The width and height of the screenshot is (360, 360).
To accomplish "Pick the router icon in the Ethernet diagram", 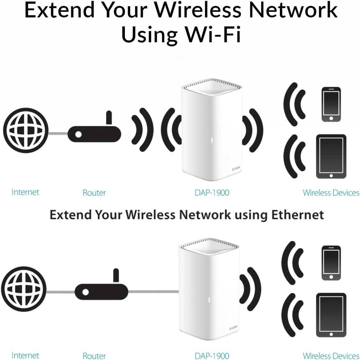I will tap(102, 291).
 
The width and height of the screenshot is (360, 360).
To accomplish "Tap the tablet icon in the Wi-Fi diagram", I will tap(331, 156).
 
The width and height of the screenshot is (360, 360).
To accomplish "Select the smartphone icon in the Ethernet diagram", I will tap(331, 263).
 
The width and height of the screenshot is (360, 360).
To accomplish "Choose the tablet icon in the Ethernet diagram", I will tap(331, 315).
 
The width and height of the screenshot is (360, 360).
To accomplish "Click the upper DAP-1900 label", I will tap(212, 193).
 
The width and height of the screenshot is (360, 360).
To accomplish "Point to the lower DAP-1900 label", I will tap(212, 356).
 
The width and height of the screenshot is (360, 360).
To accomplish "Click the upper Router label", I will tap(94, 193).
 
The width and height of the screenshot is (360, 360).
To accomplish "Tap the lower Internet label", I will tap(25, 355).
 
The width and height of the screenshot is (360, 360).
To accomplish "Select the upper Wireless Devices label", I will tap(331, 193).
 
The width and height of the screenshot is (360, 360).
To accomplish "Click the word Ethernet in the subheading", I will tap(298, 215).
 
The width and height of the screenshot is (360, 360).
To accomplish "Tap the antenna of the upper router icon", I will tap(109, 118).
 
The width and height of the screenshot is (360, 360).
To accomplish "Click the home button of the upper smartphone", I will tap(331, 118).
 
